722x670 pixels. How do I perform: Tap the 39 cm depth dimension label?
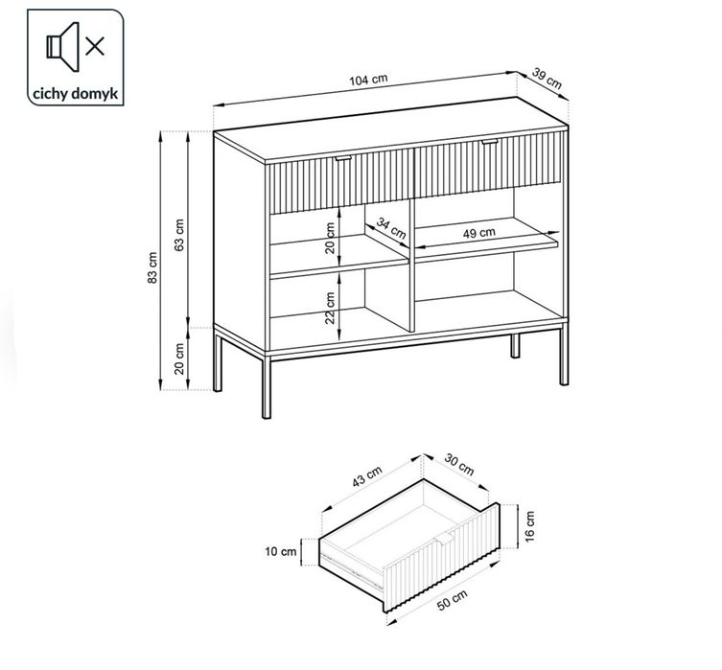point(547,80)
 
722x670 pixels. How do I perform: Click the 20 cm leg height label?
point(179,360)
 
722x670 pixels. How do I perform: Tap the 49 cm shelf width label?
point(479,233)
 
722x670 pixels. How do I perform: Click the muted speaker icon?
point(66,46)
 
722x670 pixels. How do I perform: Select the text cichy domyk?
point(65,95)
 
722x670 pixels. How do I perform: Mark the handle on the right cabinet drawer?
point(491,143)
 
